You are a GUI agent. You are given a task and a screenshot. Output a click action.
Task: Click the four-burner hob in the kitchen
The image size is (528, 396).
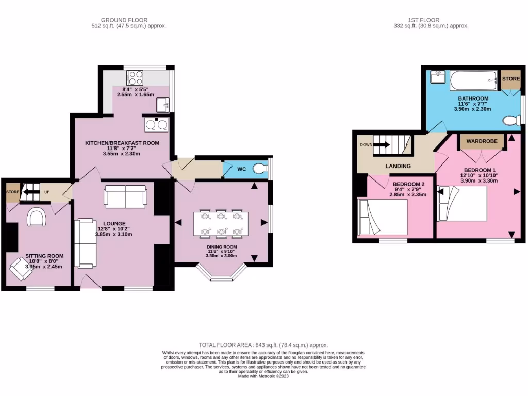[135, 78]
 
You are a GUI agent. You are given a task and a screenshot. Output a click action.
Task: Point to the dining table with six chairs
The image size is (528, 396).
[221, 224]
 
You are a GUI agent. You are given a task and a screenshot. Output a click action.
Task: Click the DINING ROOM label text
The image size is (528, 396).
[221, 247]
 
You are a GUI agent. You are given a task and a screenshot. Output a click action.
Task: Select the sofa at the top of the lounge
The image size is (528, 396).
[125, 196]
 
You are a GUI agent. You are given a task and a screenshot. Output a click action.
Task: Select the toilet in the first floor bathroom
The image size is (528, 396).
[511, 121]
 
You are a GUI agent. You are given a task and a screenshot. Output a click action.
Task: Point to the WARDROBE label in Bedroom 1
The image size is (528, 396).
[482, 141]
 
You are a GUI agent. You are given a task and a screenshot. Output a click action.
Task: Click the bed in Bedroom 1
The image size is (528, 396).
[462, 203]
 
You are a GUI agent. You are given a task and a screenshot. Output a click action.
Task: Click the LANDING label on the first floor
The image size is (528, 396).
[399, 166]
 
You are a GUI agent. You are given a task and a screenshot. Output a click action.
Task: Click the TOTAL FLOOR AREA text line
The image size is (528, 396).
[263, 345]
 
